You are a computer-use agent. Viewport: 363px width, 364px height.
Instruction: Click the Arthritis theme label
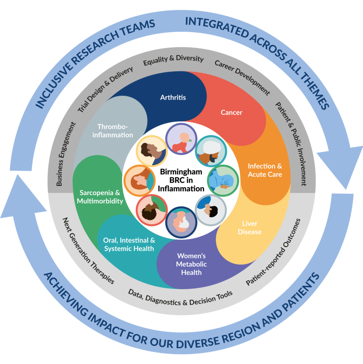coord(173,97)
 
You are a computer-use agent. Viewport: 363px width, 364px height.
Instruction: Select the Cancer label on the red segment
coord(231,112)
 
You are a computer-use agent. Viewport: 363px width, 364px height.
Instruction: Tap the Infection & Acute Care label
coord(265,170)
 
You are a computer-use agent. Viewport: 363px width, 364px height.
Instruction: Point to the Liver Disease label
coord(252,227)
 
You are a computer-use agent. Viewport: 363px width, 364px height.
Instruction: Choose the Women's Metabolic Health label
coord(191,264)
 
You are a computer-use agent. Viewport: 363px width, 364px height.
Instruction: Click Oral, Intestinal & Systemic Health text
coord(129,244)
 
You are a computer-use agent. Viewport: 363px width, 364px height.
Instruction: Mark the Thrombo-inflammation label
coord(116,130)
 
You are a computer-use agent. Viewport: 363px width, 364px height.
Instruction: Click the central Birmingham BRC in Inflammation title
coord(181,180)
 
